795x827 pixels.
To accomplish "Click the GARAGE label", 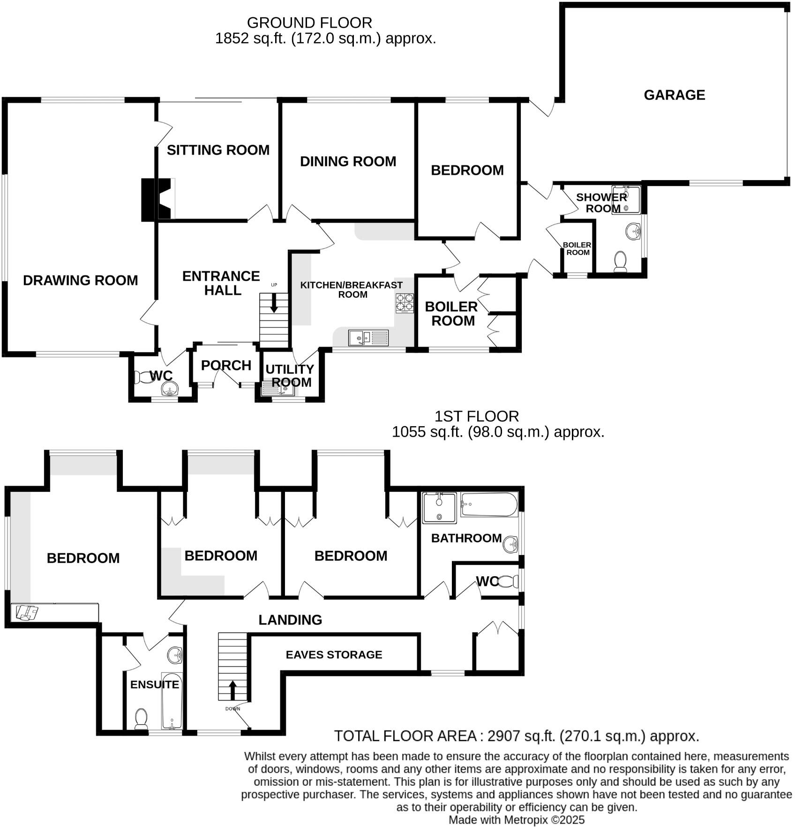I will click(x=674, y=95).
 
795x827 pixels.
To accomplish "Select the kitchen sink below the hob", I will click(x=368, y=338).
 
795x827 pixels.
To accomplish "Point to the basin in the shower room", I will click(x=633, y=231).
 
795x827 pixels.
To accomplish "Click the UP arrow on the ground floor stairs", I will click(x=274, y=305).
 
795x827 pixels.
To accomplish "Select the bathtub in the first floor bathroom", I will click(x=489, y=504).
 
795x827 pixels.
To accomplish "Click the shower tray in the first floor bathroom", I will click(x=439, y=508).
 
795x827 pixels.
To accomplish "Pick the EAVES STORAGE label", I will click(x=334, y=654).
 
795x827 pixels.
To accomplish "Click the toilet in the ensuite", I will click(x=141, y=718).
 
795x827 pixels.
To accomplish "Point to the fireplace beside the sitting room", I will click(x=158, y=199).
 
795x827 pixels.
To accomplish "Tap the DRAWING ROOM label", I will click(x=80, y=280).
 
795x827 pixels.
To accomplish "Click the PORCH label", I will click(x=226, y=365).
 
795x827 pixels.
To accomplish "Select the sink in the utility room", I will click(x=278, y=389).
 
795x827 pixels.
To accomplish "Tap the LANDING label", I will click(x=290, y=620).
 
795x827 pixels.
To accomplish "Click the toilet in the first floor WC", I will click(x=507, y=582).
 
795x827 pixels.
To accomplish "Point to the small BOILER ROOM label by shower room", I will click(x=577, y=248).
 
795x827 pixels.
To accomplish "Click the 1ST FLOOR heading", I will click(x=476, y=416).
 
